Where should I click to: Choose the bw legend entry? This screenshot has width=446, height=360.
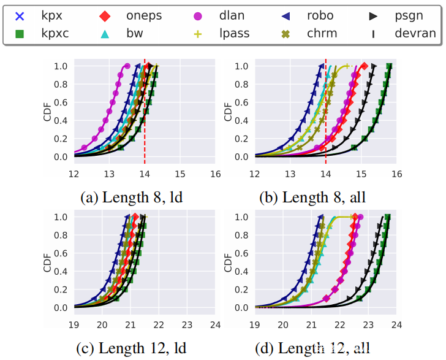pos(134,33)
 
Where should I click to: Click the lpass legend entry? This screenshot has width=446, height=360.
pos(234,33)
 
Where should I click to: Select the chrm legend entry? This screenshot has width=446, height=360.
pos(321,33)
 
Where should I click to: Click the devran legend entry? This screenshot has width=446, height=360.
pos(413,33)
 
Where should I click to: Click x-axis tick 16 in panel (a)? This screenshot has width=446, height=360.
pos(215,174)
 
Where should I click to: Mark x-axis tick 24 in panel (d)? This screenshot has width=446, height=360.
pos(396,325)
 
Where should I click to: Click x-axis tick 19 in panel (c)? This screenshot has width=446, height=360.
pos(74,325)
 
